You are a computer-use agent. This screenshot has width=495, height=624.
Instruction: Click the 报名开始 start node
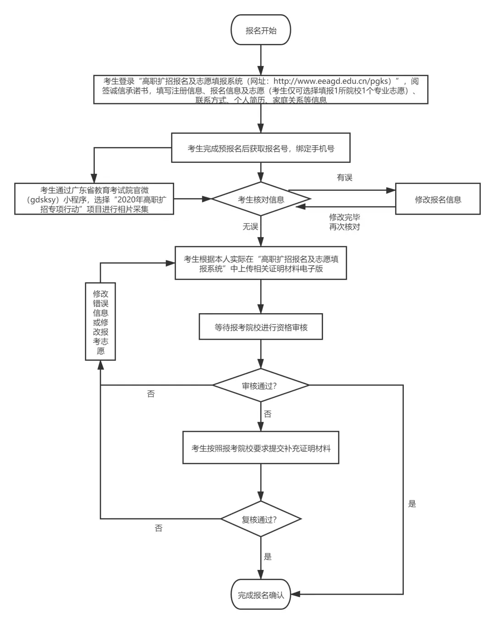(261, 30)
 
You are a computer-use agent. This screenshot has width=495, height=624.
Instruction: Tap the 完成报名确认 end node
(261, 595)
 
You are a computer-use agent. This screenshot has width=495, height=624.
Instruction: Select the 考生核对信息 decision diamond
(261, 200)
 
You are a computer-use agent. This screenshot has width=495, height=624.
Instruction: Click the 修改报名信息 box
(438, 199)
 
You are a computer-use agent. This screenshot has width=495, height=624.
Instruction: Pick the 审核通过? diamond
(261, 386)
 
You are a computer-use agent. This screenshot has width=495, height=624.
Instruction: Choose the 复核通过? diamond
(261, 519)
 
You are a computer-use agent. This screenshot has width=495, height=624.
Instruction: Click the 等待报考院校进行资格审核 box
(261, 327)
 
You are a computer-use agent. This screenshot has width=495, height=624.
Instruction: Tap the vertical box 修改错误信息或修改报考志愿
(100, 322)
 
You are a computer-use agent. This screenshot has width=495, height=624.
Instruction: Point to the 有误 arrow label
(344, 177)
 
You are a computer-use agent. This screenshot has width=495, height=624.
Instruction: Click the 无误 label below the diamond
(250, 226)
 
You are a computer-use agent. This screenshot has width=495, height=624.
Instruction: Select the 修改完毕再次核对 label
(344, 222)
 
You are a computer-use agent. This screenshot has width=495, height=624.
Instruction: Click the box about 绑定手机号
(261, 148)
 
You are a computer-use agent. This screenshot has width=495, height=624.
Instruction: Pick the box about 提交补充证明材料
(261, 448)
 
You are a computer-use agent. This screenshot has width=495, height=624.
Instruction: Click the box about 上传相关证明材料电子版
(261, 264)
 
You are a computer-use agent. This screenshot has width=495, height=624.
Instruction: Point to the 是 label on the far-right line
(412, 504)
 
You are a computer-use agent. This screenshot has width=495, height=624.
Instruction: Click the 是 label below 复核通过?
(268, 557)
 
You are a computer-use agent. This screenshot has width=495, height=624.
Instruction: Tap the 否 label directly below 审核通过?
(268, 414)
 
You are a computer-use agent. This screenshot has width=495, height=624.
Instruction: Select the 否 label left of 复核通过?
(159, 528)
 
